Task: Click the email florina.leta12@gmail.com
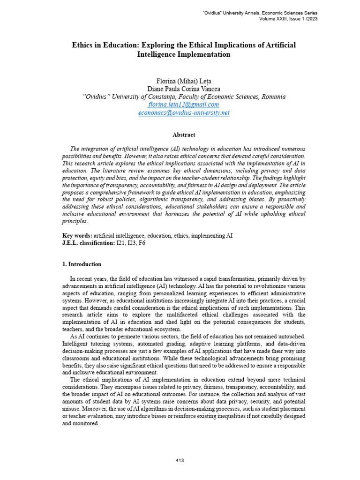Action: (x=183, y=105)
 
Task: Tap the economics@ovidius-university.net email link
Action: (x=183, y=113)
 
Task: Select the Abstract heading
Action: (x=184, y=135)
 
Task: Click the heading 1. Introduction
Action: (x=82, y=264)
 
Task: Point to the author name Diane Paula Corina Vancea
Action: (x=184, y=89)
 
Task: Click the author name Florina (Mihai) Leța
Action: (x=184, y=81)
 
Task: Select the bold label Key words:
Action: (x=77, y=236)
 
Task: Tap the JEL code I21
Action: (x=122, y=243)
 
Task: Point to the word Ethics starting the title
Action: (x=82, y=45)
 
